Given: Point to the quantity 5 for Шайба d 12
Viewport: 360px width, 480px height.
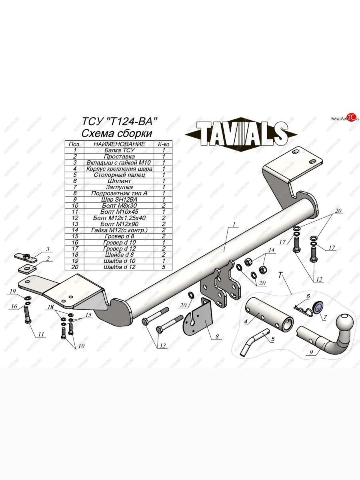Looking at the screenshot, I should tap(164, 266).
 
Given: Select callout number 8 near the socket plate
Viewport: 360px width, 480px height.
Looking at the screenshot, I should tap(218, 336).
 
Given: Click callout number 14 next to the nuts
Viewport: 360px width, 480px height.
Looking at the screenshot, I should tap(271, 251).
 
